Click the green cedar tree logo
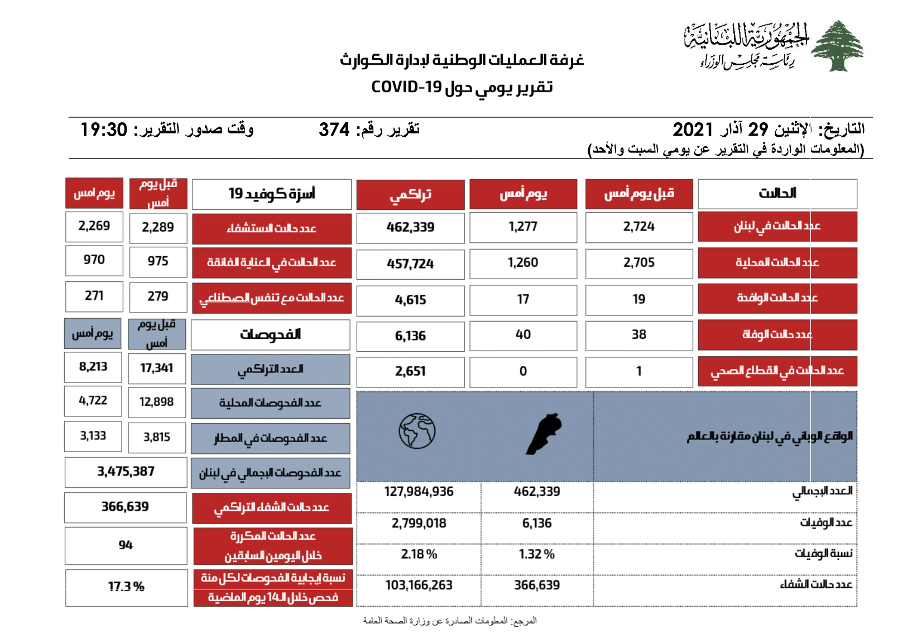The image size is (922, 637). [x=837, y=46]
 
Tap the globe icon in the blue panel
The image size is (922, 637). [x=417, y=431]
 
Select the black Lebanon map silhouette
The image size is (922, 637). [x=544, y=434]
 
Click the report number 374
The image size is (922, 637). [x=334, y=130]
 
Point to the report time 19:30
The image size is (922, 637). [x=104, y=130]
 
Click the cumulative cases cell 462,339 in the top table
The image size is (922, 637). [x=410, y=227]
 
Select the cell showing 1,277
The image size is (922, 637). [x=523, y=227]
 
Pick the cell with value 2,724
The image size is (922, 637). [x=638, y=227]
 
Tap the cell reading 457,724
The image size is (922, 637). [x=410, y=264]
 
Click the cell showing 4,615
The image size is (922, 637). [x=410, y=300]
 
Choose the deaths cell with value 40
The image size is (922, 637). [x=523, y=335]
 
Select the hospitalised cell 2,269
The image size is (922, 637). [x=94, y=226]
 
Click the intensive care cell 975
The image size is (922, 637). [x=158, y=261]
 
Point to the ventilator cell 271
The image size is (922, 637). [x=94, y=296]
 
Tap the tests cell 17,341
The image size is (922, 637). [x=156, y=368]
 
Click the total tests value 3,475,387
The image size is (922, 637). [x=126, y=472]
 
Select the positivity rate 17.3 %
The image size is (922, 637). [x=126, y=587]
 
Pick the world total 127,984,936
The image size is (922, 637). [x=419, y=492]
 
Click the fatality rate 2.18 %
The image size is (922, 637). [x=419, y=554]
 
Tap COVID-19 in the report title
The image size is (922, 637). [x=406, y=88]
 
